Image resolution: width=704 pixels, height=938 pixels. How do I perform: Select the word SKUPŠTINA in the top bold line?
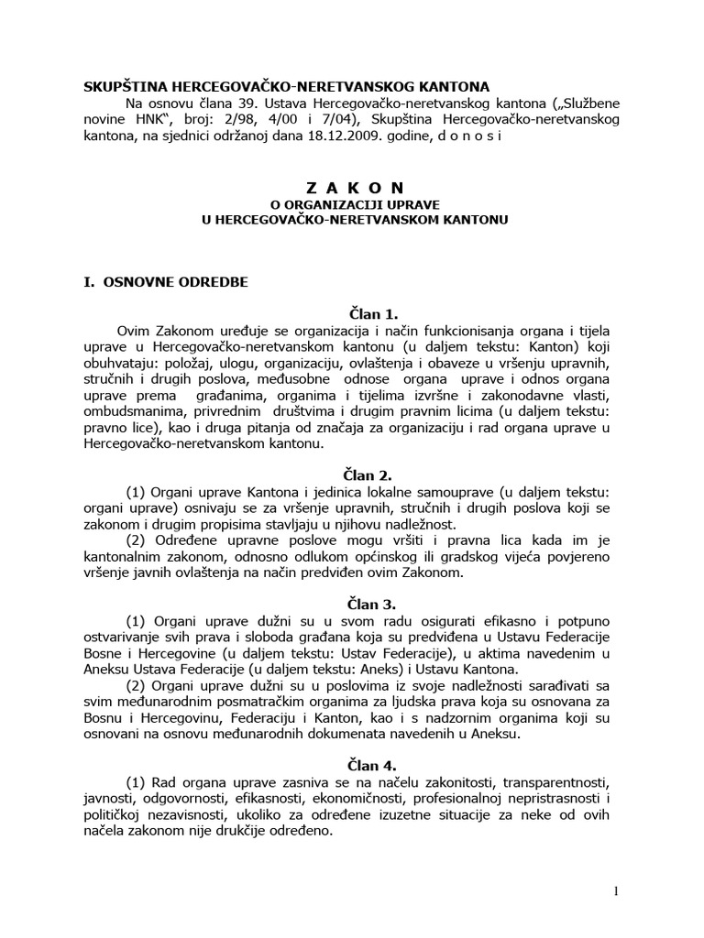(x=125, y=87)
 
